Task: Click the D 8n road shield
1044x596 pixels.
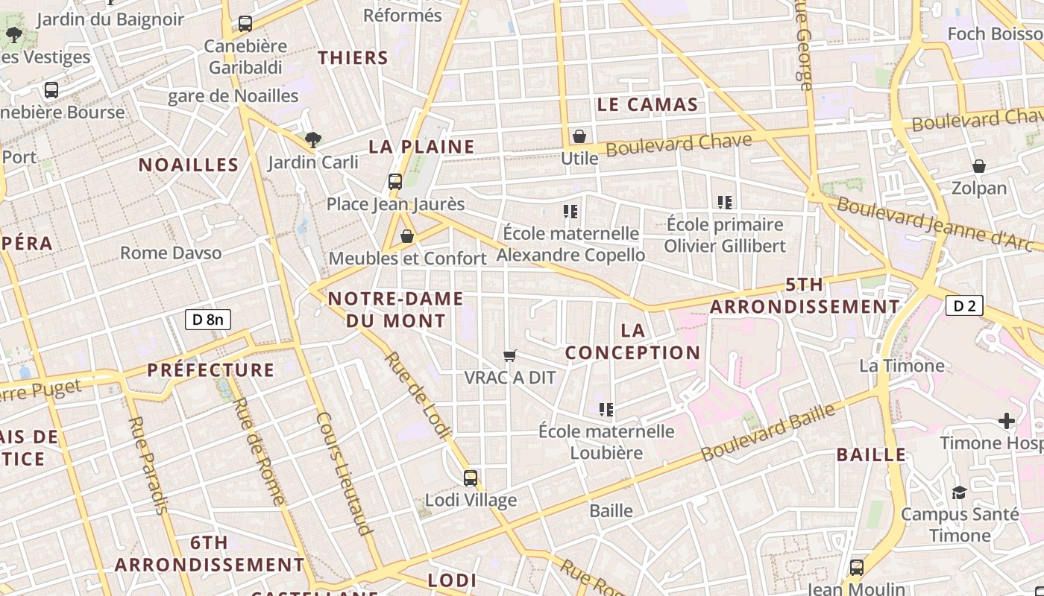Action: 208,320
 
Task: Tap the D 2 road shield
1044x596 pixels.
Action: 964,305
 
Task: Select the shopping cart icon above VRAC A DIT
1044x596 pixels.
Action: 510,356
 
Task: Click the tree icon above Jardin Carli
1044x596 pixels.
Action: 313,139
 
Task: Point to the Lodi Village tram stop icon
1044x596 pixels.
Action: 471,478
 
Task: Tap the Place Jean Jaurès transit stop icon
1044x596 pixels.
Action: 395,181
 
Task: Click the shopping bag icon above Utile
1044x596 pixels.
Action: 579,136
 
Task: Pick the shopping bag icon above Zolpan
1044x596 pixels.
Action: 979,166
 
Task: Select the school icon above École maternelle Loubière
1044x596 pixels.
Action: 606,409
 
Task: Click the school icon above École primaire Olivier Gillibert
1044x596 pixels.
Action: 724,202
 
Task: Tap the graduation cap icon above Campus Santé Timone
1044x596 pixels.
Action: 959,492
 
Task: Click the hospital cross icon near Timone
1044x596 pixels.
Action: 1007,421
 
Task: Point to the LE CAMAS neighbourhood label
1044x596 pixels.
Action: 647,104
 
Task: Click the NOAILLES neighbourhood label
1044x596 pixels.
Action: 189,165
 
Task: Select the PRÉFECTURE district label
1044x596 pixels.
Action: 211,370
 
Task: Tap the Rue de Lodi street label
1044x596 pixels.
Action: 418,394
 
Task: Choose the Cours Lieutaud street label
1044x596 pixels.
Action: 344,473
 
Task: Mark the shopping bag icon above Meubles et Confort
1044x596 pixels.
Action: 407,236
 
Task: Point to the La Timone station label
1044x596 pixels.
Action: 902,366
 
